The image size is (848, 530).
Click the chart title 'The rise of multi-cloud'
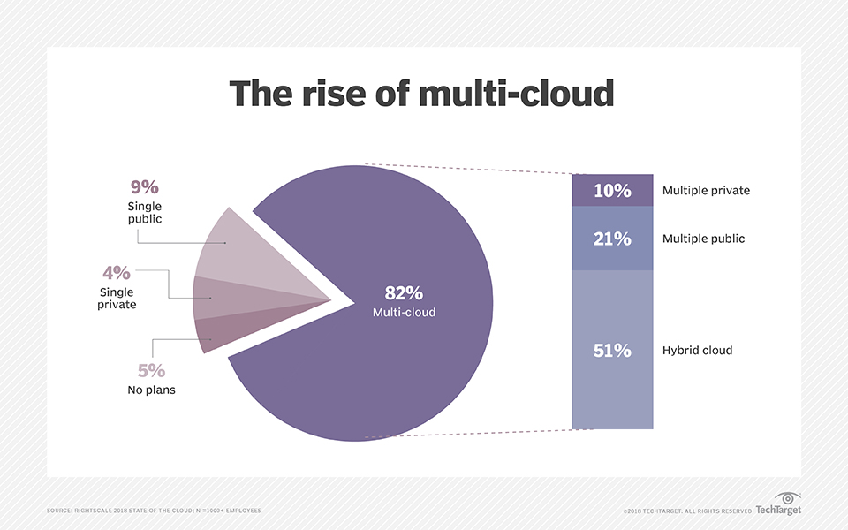click(422, 94)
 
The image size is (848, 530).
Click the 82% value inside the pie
click(403, 293)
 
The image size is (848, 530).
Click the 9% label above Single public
click(144, 186)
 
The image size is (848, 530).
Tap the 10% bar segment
click(612, 191)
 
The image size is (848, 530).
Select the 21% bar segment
click(612, 238)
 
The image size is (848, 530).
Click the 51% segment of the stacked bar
click(612, 350)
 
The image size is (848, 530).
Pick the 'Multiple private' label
click(706, 191)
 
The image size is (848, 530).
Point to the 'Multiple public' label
click(703, 238)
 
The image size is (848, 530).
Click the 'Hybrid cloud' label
click(697, 351)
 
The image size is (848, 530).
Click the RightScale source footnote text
click(154, 511)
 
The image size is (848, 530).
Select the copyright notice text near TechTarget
click(687, 511)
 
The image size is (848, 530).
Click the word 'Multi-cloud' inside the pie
click(403, 313)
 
